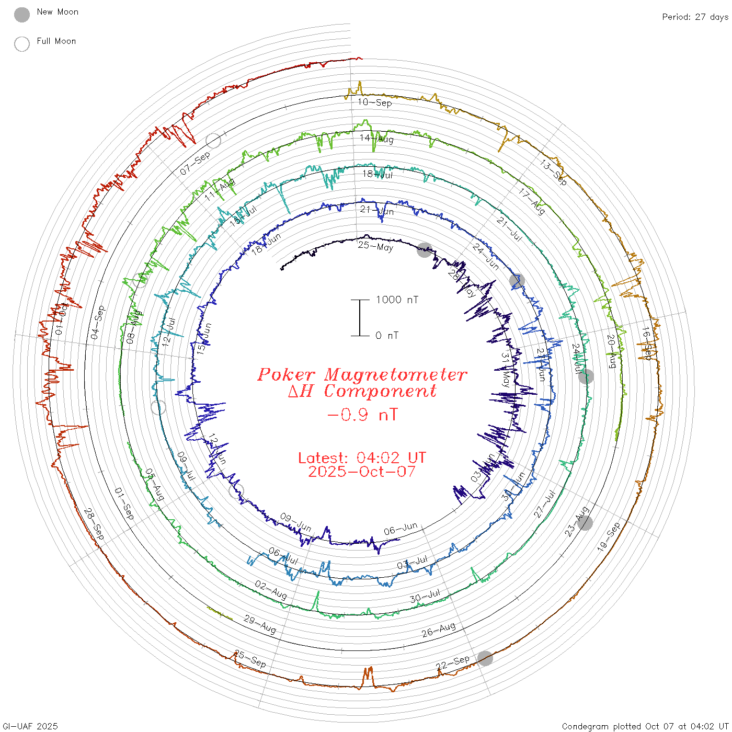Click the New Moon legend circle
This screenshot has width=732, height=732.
22,15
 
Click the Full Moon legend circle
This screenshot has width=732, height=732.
22,44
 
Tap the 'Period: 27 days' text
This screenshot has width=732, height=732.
695,17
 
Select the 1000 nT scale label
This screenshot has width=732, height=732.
397,300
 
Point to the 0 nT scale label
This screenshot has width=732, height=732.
387,336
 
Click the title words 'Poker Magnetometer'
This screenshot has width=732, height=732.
362,374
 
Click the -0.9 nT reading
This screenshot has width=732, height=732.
362,415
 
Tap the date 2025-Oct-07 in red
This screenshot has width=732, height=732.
362,472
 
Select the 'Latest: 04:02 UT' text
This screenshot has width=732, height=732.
362,458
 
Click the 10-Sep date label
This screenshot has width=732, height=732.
375,102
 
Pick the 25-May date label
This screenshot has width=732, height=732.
375,246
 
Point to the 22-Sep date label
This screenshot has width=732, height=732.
453,662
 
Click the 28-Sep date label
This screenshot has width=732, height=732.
94,524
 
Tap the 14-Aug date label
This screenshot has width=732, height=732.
376,139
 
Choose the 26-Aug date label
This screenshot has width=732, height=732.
439,630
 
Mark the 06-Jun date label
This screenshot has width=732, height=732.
401,529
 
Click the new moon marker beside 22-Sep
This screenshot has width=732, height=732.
485,658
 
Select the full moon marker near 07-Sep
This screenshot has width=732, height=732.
213,140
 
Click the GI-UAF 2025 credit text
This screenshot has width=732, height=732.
30,726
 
